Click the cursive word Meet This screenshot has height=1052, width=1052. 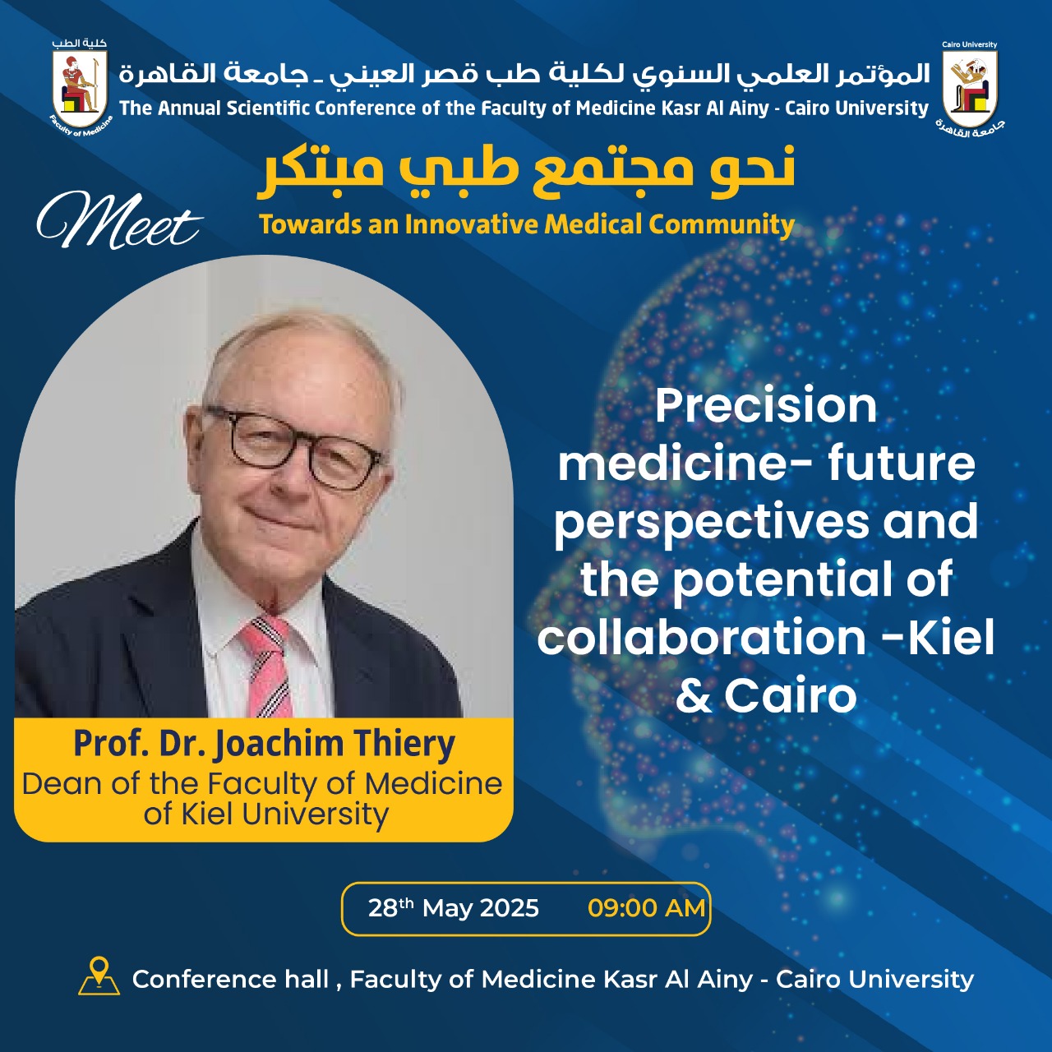(119, 220)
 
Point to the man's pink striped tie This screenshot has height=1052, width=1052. (267, 666)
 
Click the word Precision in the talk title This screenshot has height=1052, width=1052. (766, 406)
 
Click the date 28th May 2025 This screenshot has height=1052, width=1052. (453, 908)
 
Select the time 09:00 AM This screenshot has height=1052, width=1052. (646, 908)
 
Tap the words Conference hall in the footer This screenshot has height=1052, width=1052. (230, 979)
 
